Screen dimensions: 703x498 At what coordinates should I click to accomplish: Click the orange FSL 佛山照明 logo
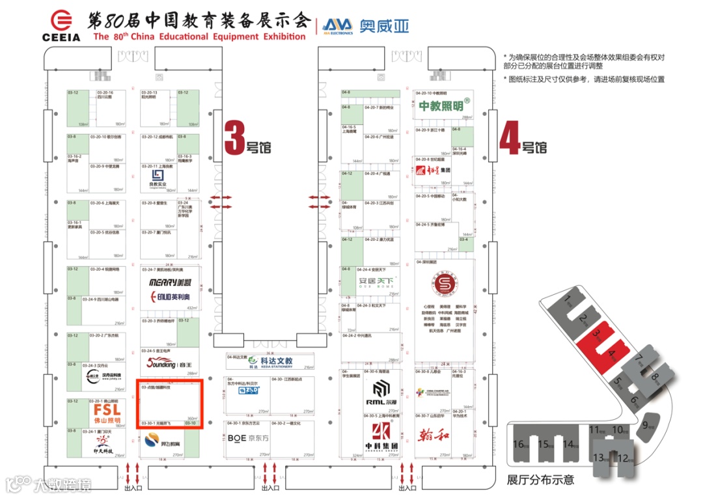tap(107, 413)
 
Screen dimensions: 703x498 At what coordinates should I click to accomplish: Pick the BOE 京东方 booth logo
tap(246, 438)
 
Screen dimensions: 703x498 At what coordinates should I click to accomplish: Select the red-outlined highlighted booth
tap(169, 404)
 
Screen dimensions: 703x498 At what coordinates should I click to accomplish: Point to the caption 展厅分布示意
tap(540, 480)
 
